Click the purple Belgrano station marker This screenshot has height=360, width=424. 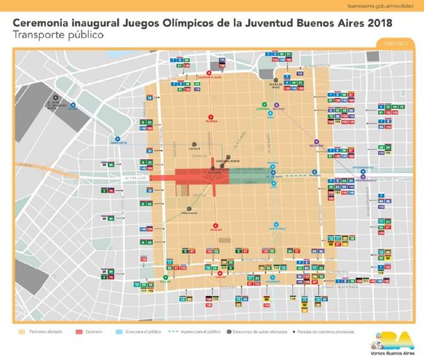point(316,141)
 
